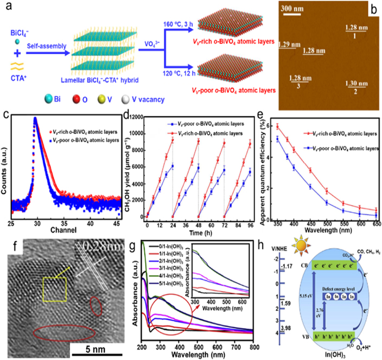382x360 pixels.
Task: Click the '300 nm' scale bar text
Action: [x=298, y=9]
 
